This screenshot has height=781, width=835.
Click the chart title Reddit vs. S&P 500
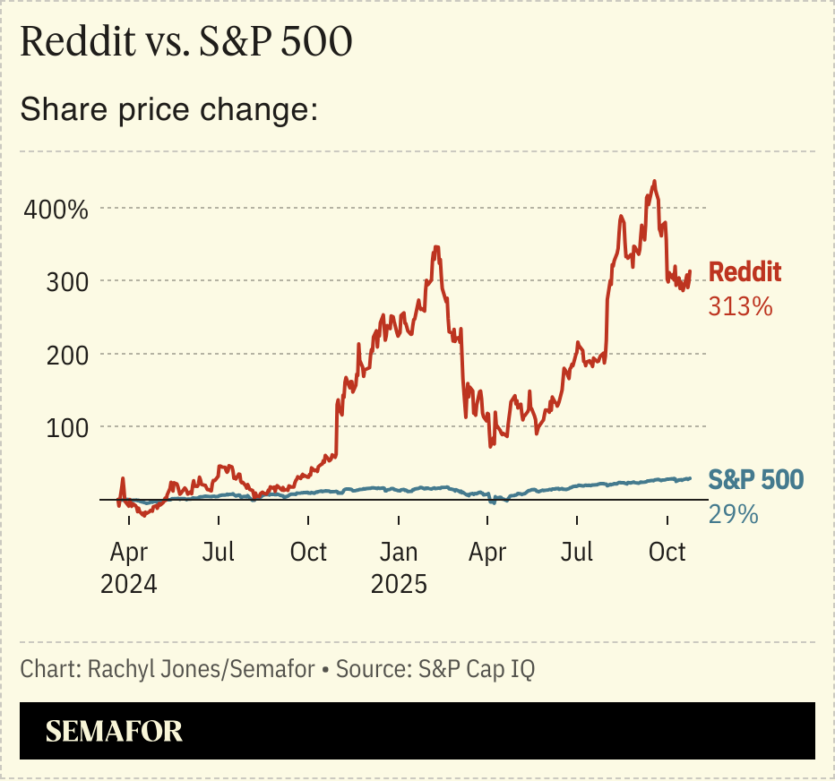tap(185, 44)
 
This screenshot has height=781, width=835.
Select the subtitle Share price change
tap(169, 110)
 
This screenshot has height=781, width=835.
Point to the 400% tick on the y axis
tap(56, 211)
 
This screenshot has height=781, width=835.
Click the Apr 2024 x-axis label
tap(129, 567)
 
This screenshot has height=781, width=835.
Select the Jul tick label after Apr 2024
tap(218, 552)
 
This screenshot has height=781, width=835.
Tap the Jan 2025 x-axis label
tap(399, 567)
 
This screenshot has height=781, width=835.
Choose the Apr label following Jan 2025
tap(488, 552)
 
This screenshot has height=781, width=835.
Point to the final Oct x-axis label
tap(667, 552)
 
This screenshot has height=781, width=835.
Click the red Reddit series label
tap(745, 272)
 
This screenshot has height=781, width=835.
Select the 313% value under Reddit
tap(740, 306)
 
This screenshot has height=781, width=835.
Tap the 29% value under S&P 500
tap(733, 514)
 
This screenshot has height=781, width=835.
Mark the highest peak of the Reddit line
tap(655, 182)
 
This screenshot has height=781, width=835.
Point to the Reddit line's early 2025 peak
tap(436, 247)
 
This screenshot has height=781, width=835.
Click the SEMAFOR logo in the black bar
tap(114, 731)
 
